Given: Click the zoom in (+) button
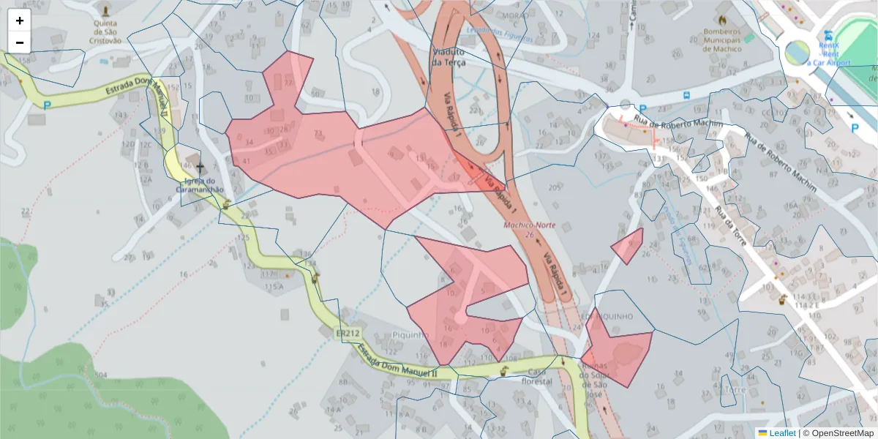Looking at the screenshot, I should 20,20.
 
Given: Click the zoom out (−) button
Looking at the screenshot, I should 20,42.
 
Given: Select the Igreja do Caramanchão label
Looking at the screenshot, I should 200,185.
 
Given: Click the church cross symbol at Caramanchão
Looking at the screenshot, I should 200,168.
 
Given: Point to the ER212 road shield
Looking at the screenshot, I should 348,334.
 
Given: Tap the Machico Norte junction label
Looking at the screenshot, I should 529,229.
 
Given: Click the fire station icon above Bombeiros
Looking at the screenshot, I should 722,19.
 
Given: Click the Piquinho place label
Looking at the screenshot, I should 410,334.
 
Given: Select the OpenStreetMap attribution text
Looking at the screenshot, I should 838,433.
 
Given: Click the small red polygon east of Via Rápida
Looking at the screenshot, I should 629,246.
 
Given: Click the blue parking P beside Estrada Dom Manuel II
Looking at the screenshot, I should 48,105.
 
